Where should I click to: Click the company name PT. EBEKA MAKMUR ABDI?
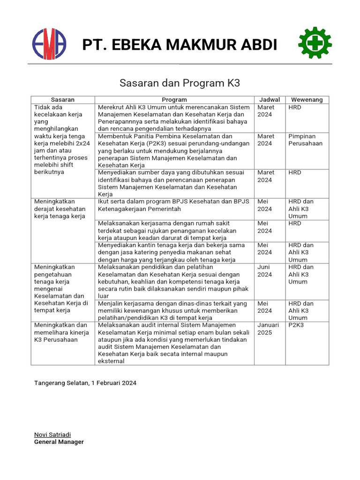180,45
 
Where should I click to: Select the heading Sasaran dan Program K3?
180,83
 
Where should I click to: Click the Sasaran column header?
63,100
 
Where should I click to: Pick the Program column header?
174,100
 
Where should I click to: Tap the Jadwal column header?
270,100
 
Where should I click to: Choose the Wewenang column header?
307,100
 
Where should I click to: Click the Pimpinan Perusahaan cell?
305,140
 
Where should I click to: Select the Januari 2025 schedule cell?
268,329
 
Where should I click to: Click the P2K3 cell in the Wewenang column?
296,325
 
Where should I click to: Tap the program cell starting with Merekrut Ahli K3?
174,118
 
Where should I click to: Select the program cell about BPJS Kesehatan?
174,205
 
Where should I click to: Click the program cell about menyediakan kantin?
174,252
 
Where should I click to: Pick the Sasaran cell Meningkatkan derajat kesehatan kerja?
60,209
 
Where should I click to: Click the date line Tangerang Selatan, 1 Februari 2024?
85,383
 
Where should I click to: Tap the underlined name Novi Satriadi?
52,435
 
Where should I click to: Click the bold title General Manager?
59,442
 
